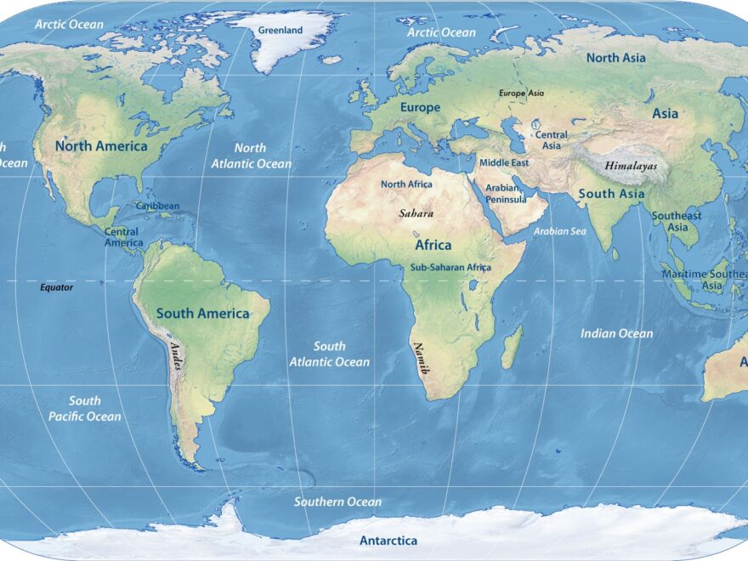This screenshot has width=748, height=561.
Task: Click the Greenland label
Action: (x=280, y=31)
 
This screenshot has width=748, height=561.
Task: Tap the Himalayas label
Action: (x=631, y=167)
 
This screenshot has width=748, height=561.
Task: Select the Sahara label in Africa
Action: (x=416, y=213)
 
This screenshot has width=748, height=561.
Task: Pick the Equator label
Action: (x=57, y=287)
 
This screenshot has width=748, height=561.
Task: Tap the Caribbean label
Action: (x=158, y=206)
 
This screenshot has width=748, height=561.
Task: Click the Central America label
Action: (x=121, y=237)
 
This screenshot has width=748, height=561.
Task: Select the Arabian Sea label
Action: (x=560, y=231)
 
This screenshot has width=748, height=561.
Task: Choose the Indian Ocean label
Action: (x=616, y=333)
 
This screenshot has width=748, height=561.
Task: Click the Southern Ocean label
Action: (x=337, y=501)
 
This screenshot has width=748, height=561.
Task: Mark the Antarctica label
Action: (x=388, y=541)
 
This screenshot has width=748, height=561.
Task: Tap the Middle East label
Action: (x=504, y=162)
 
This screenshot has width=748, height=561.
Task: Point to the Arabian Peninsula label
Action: (x=507, y=193)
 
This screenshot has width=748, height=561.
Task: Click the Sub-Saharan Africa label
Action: (x=450, y=267)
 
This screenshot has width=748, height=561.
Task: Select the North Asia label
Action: (x=615, y=58)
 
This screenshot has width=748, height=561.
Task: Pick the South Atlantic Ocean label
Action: (x=329, y=354)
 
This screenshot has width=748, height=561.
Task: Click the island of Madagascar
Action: (x=512, y=348)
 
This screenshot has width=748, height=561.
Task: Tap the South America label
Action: (x=202, y=313)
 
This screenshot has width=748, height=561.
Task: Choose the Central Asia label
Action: (x=552, y=140)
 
